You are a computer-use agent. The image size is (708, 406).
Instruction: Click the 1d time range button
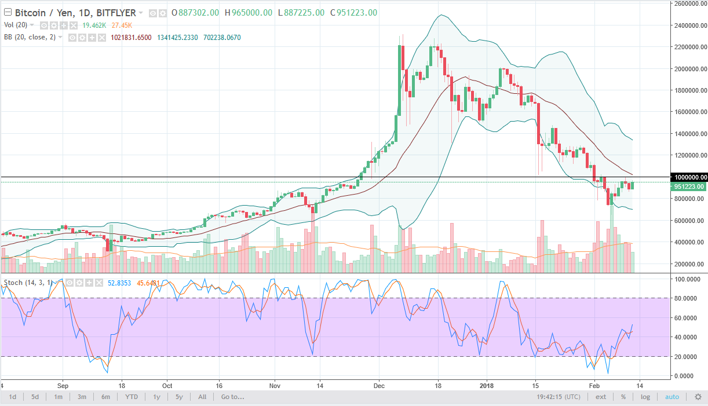(x=12, y=397)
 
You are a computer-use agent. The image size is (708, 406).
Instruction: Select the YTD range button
(x=131, y=397)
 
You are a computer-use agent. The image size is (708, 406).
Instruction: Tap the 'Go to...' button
(x=232, y=397)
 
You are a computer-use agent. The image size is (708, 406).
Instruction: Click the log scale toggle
(x=645, y=397)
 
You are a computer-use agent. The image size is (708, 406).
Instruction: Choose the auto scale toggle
(x=671, y=397)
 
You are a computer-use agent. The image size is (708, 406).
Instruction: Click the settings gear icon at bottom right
(x=698, y=397)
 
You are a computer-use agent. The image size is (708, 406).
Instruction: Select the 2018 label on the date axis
(x=486, y=385)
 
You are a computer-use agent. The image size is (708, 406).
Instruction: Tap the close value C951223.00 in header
(x=354, y=13)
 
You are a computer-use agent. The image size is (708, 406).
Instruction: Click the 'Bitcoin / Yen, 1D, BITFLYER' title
(x=75, y=13)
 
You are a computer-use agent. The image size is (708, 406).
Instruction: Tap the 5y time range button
(x=180, y=397)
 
